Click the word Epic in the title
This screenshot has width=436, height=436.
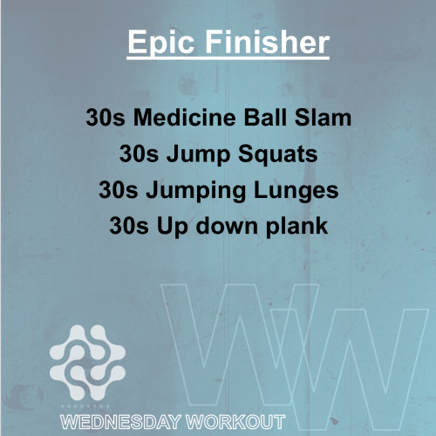pyautogui.click(x=161, y=43)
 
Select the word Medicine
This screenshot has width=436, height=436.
pyautogui.click(x=184, y=118)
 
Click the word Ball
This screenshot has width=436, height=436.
pyautogui.click(x=265, y=118)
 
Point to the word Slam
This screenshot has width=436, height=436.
pyautogui.click(x=323, y=118)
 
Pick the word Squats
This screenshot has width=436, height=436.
pyautogui.click(x=278, y=155)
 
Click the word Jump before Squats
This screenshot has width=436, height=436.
pyautogui.click(x=198, y=155)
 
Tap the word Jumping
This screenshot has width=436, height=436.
pyautogui.click(x=195, y=191)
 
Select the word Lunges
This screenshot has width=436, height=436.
pyautogui.click(x=296, y=191)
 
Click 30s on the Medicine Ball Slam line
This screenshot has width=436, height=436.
pyautogui.click(x=106, y=118)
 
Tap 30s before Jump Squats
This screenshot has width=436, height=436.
pyautogui.click(x=139, y=153)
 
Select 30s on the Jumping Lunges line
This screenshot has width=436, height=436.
pyautogui.click(x=119, y=190)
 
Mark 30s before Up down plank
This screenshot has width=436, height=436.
pyautogui.click(x=129, y=226)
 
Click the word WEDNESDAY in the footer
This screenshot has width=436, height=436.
pyautogui.click(x=120, y=422)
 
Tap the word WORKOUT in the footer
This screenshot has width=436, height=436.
pyautogui.click(x=235, y=422)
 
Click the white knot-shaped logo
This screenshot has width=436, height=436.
pyautogui.click(x=87, y=363)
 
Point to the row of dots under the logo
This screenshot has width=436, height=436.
pyautogui.click(x=85, y=406)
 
